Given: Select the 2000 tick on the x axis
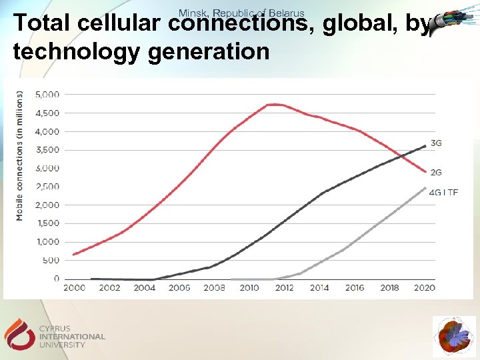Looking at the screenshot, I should click(x=75, y=288).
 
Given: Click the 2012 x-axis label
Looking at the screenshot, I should click(x=284, y=288).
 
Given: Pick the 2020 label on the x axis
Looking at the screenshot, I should click(x=424, y=288).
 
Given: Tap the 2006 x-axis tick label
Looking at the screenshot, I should click(x=179, y=288).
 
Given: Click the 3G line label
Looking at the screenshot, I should click(x=436, y=143).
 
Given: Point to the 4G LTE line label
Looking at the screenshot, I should click(x=443, y=192).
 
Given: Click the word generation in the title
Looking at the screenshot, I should click(x=208, y=51).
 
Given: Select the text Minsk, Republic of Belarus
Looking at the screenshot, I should click(x=241, y=13).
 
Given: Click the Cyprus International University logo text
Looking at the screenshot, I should click(x=72, y=337).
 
